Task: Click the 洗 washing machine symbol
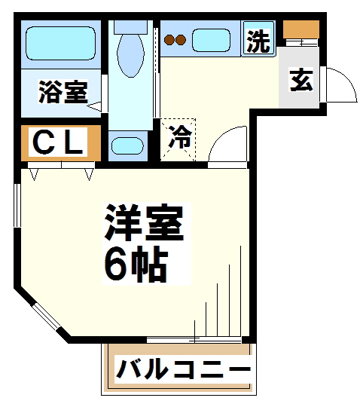point(258,41)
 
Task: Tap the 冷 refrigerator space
point(179,138)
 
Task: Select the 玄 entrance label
point(301,80)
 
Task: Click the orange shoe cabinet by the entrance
point(301,30)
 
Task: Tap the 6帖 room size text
point(136,263)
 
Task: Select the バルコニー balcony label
point(183,371)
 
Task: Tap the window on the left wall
point(17,203)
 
